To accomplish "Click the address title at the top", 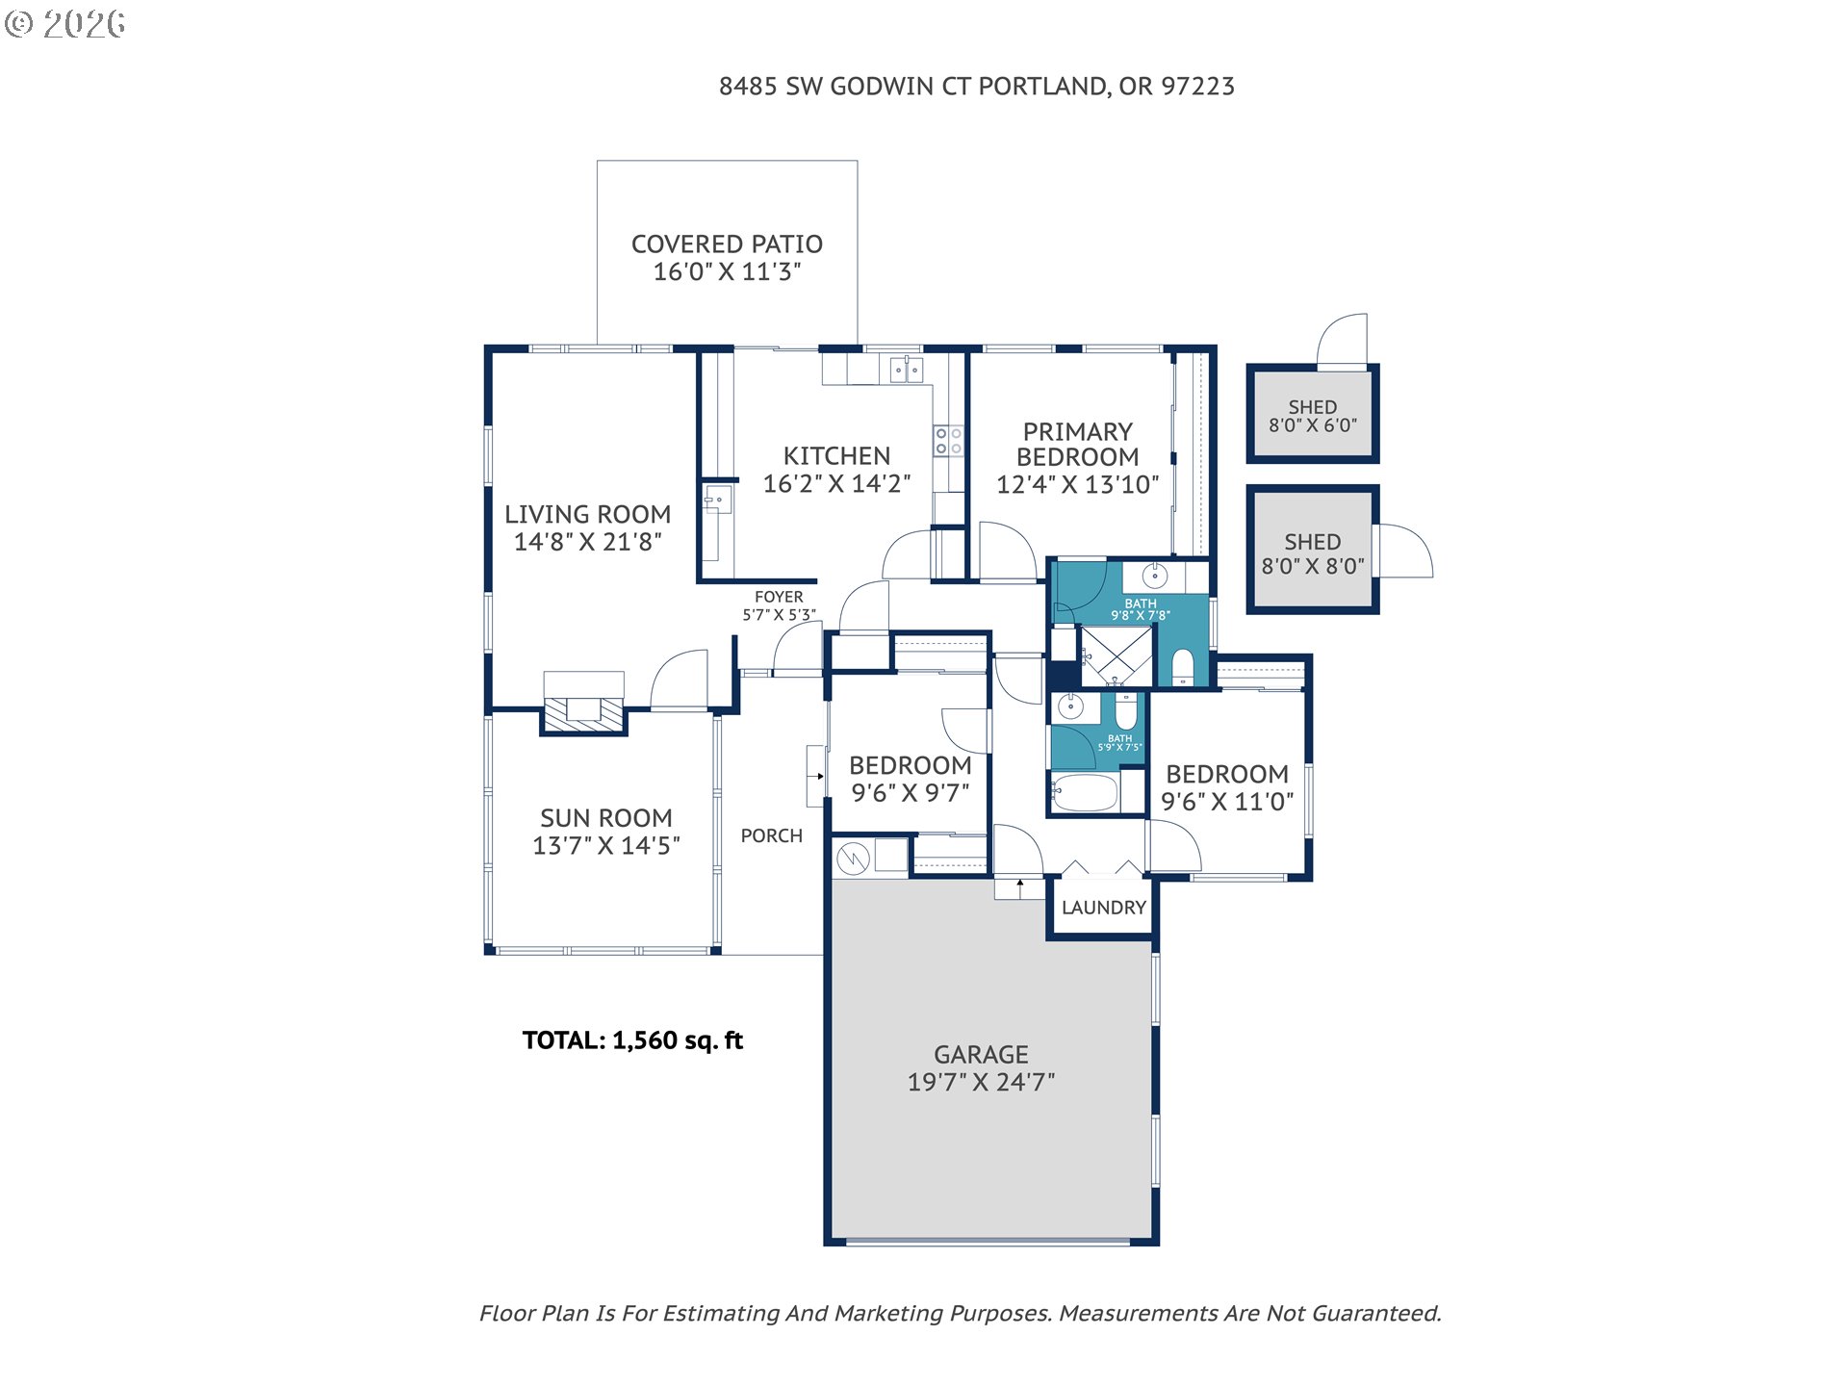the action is (x=976, y=87).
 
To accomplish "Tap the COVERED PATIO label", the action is (x=727, y=244).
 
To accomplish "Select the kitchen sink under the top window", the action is (x=906, y=369).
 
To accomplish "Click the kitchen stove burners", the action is (x=948, y=441).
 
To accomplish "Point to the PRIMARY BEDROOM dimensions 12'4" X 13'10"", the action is (x=1077, y=484).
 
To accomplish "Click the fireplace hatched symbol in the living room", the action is (x=583, y=712).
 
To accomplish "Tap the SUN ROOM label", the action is (x=606, y=818).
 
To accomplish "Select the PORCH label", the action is (x=771, y=835).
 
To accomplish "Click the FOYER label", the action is (x=779, y=597).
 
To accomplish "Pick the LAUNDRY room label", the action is (x=1104, y=908).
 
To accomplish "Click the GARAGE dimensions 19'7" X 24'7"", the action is (x=981, y=1082).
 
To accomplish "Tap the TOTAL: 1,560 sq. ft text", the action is (x=632, y=1040).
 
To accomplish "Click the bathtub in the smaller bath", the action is (x=1085, y=792).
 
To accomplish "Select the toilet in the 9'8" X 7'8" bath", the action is (x=1183, y=667).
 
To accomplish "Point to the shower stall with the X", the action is (x=1116, y=656).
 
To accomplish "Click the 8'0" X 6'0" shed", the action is (x=1313, y=415).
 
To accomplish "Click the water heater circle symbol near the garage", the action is (x=853, y=858).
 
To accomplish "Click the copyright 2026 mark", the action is (x=64, y=24).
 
